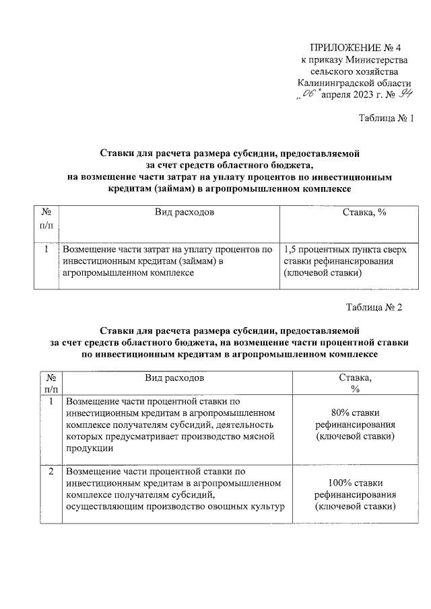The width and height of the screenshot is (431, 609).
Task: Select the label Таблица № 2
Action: (374, 308)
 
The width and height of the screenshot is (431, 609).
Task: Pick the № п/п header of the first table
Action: (46, 218)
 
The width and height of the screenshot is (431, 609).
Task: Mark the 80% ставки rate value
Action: (356, 413)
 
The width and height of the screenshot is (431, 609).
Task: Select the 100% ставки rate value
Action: (356, 482)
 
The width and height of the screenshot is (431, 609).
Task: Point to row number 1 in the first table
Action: (46, 248)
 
